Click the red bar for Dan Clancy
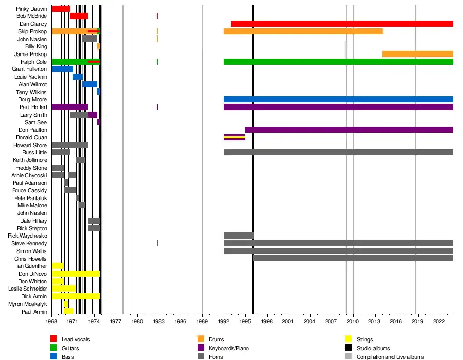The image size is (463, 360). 342,24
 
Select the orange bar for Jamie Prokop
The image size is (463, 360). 417,54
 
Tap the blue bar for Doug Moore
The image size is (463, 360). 338,99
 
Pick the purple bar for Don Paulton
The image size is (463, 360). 349,130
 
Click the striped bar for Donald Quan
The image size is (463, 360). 235,137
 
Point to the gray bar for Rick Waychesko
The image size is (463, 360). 238,236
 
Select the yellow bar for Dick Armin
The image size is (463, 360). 76,296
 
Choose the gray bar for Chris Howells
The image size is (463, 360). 353,258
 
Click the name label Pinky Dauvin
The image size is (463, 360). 31,9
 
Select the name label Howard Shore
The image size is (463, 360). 30,145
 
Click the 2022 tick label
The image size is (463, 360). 439,321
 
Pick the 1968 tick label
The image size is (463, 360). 51,321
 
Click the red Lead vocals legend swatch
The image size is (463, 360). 54,339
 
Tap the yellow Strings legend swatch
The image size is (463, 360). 348,339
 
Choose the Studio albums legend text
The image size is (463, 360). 373,348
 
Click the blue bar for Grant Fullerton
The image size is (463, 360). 62,69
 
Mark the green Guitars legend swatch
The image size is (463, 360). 54,348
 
